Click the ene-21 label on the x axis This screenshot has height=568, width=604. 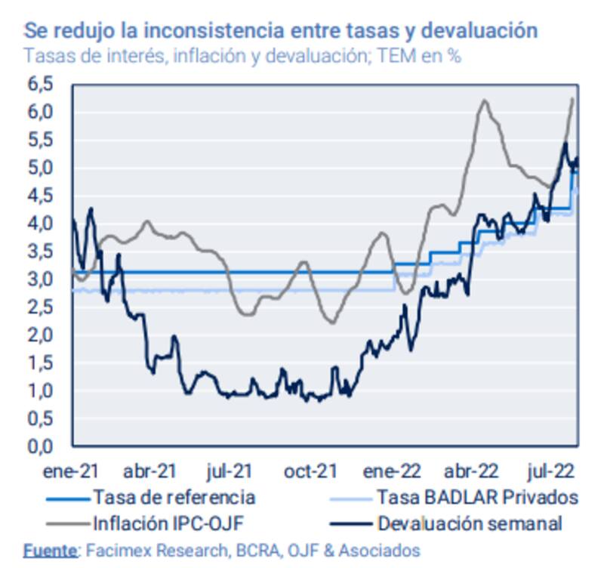click(x=71, y=471)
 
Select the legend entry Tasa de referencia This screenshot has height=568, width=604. click(x=174, y=497)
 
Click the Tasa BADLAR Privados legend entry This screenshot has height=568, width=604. click(x=477, y=497)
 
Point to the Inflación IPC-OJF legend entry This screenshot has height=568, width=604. click(x=168, y=522)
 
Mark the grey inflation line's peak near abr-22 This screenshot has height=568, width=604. click(x=483, y=100)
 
